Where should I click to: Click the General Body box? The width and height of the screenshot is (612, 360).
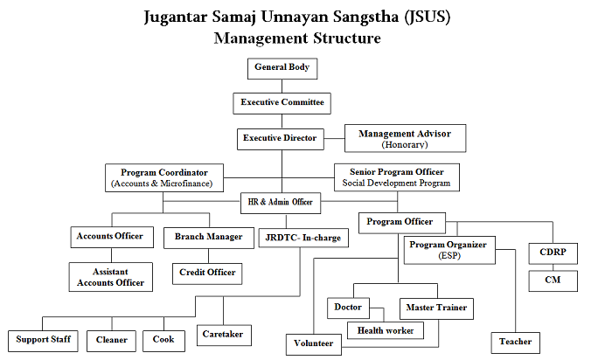coord(282,69)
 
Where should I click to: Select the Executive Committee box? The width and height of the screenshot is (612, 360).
coord(282,103)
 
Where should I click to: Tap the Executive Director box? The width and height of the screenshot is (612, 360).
coord(281,139)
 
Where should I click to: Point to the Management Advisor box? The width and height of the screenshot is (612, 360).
coord(405,138)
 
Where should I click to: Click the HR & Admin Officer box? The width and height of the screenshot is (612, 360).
coord(281,203)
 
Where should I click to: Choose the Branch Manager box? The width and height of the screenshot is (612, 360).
coord(209,238)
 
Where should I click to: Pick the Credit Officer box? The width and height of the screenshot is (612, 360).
coord(207,273)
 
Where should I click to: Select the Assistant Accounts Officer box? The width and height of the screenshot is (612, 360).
coord(111,277)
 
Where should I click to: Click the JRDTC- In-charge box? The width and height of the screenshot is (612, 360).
coord(303,238)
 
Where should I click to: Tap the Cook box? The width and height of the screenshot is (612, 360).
coord(163,341)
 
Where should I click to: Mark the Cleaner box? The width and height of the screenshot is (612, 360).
coord(111,341)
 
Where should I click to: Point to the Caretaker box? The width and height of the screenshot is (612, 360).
coord(224,336)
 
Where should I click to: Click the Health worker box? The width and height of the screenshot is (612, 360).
coord(386,330)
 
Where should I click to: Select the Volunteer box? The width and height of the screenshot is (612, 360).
coord(313,344)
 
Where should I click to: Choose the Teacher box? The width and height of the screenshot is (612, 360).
coord(515,343)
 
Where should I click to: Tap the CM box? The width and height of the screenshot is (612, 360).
coord(553,280)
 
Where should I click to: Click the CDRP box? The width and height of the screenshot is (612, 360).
coord(553,253)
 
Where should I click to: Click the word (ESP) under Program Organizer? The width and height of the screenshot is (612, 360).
coord(449,256)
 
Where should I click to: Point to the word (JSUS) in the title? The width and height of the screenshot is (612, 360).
coord(428,17)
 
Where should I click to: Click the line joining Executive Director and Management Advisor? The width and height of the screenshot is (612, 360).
coord(334,138)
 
